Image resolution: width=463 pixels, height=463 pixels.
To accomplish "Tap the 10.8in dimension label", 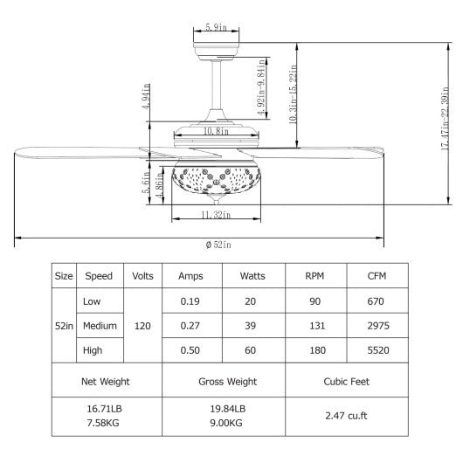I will (x=215, y=132).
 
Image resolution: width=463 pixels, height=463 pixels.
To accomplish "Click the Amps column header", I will (x=190, y=276).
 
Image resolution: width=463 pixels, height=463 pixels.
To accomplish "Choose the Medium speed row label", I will (x=99, y=325).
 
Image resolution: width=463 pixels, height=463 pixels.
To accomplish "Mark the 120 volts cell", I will (x=143, y=325).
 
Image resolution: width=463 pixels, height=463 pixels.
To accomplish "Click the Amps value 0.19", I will (x=190, y=301).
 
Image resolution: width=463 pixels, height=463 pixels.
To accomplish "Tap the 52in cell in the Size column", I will (x=64, y=325).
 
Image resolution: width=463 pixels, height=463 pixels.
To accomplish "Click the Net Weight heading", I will (x=106, y=382).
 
